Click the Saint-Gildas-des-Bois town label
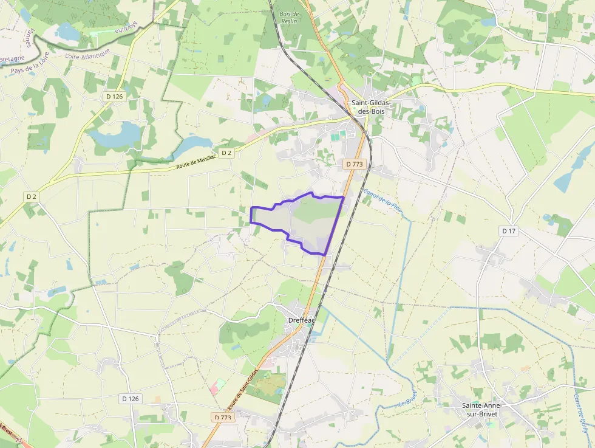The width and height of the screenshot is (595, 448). [370, 107]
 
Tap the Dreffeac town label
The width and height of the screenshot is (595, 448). [300, 320]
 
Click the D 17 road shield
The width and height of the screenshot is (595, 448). [509, 231]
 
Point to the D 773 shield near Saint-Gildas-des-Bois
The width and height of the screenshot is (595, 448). [354, 164]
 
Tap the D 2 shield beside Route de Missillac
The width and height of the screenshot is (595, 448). [226, 153]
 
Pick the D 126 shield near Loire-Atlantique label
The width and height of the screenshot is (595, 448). [113, 95]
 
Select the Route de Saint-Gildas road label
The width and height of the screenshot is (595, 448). [242, 389]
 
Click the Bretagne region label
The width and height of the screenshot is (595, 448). [12, 58]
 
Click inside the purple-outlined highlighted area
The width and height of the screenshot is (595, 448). [304, 222]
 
